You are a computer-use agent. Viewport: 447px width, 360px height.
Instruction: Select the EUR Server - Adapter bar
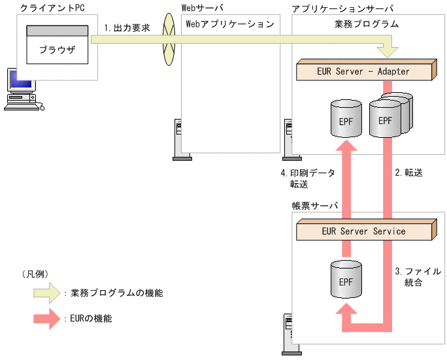click(x=366, y=71)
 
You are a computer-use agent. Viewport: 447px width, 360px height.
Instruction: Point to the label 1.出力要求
click(x=127, y=28)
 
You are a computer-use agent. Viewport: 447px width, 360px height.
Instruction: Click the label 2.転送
click(x=409, y=173)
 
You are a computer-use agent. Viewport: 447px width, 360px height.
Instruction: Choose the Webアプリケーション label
click(x=230, y=24)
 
